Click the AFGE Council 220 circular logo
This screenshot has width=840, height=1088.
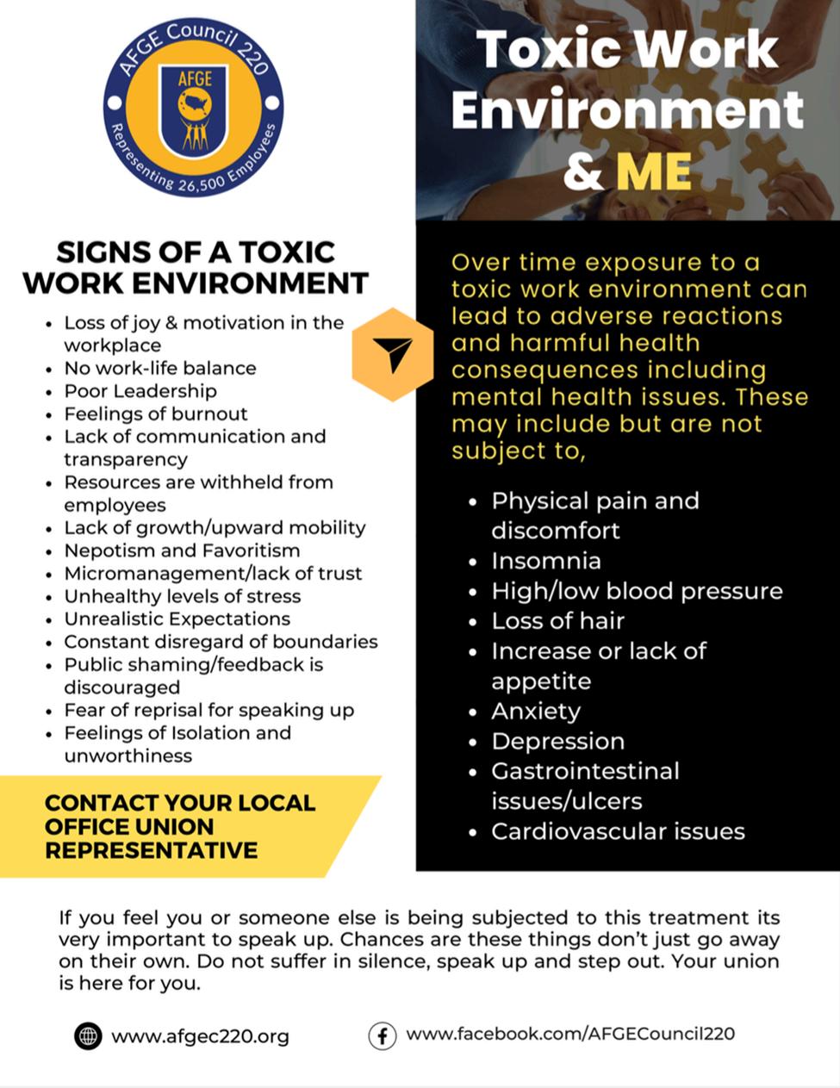tap(193, 106)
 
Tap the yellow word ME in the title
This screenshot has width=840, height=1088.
tap(654, 171)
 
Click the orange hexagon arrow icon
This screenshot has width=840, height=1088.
tap(393, 354)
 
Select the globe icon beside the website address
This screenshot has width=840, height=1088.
tap(88, 1035)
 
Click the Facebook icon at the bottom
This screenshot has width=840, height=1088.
tap(382, 1035)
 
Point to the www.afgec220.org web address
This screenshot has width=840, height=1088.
tap(200, 1036)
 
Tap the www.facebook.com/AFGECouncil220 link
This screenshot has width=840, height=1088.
tap(570, 1034)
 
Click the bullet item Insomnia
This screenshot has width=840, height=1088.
tap(546, 561)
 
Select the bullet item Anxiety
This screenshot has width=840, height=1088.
tap(536, 712)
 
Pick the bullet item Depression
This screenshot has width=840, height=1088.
tap(557, 742)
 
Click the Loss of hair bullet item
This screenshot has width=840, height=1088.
tap(557, 621)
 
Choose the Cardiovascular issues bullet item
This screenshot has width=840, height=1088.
tap(618, 831)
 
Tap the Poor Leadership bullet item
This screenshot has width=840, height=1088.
tap(140, 391)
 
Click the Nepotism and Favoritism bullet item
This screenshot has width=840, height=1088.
tap(182, 550)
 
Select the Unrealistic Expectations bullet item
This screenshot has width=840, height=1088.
tap(177, 619)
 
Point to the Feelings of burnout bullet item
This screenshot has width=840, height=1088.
tap(155, 413)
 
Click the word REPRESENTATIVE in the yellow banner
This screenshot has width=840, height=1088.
tap(151, 850)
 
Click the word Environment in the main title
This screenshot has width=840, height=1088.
tap(626, 110)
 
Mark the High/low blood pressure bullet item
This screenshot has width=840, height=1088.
tap(637, 591)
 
